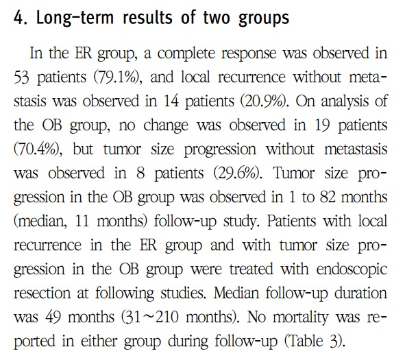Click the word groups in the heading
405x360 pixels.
pyautogui.click(x=264, y=19)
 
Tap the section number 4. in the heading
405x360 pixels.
pyautogui.click(x=21, y=18)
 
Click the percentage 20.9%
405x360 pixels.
pyautogui.click(x=265, y=101)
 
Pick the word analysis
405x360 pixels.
pyautogui.click(x=345, y=101)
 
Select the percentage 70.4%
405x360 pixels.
pyautogui.click(x=37, y=149)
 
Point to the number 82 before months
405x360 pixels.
pyautogui.click(x=328, y=197)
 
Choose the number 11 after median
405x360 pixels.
pyautogui.click(x=82, y=221)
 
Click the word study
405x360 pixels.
pyautogui.click(x=241, y=221)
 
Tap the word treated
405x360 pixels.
pyautogui.click(x=251, y=269)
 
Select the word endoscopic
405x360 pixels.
pyautogui.click(x=352, y=269)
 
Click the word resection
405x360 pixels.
pyautogui.click(x=42, y=293)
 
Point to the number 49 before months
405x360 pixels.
pyautogui.click(x=53, y=317)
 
